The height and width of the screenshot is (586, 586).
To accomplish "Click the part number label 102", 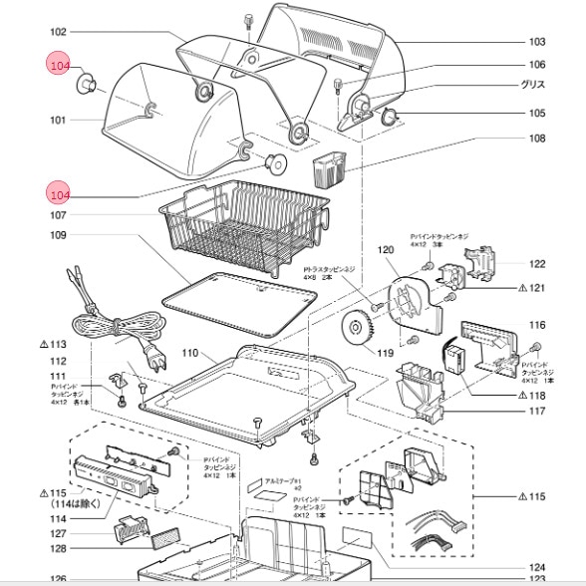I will [58, 32].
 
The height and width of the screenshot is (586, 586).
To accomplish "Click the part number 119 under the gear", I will [385, 352].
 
